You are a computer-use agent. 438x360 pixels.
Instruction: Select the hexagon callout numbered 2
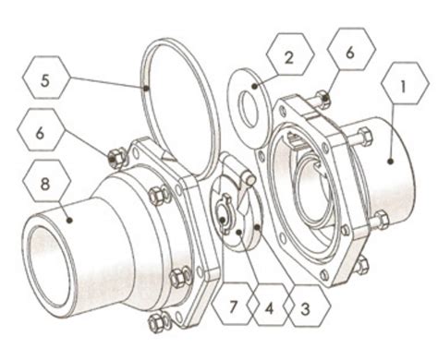286,58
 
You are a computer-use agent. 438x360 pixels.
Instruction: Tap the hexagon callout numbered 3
301,304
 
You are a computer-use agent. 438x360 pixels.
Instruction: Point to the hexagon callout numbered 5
45,78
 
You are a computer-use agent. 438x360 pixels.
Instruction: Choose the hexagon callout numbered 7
231,304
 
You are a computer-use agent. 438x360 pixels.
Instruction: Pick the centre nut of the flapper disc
225,218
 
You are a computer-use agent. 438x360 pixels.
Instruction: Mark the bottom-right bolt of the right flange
361,264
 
